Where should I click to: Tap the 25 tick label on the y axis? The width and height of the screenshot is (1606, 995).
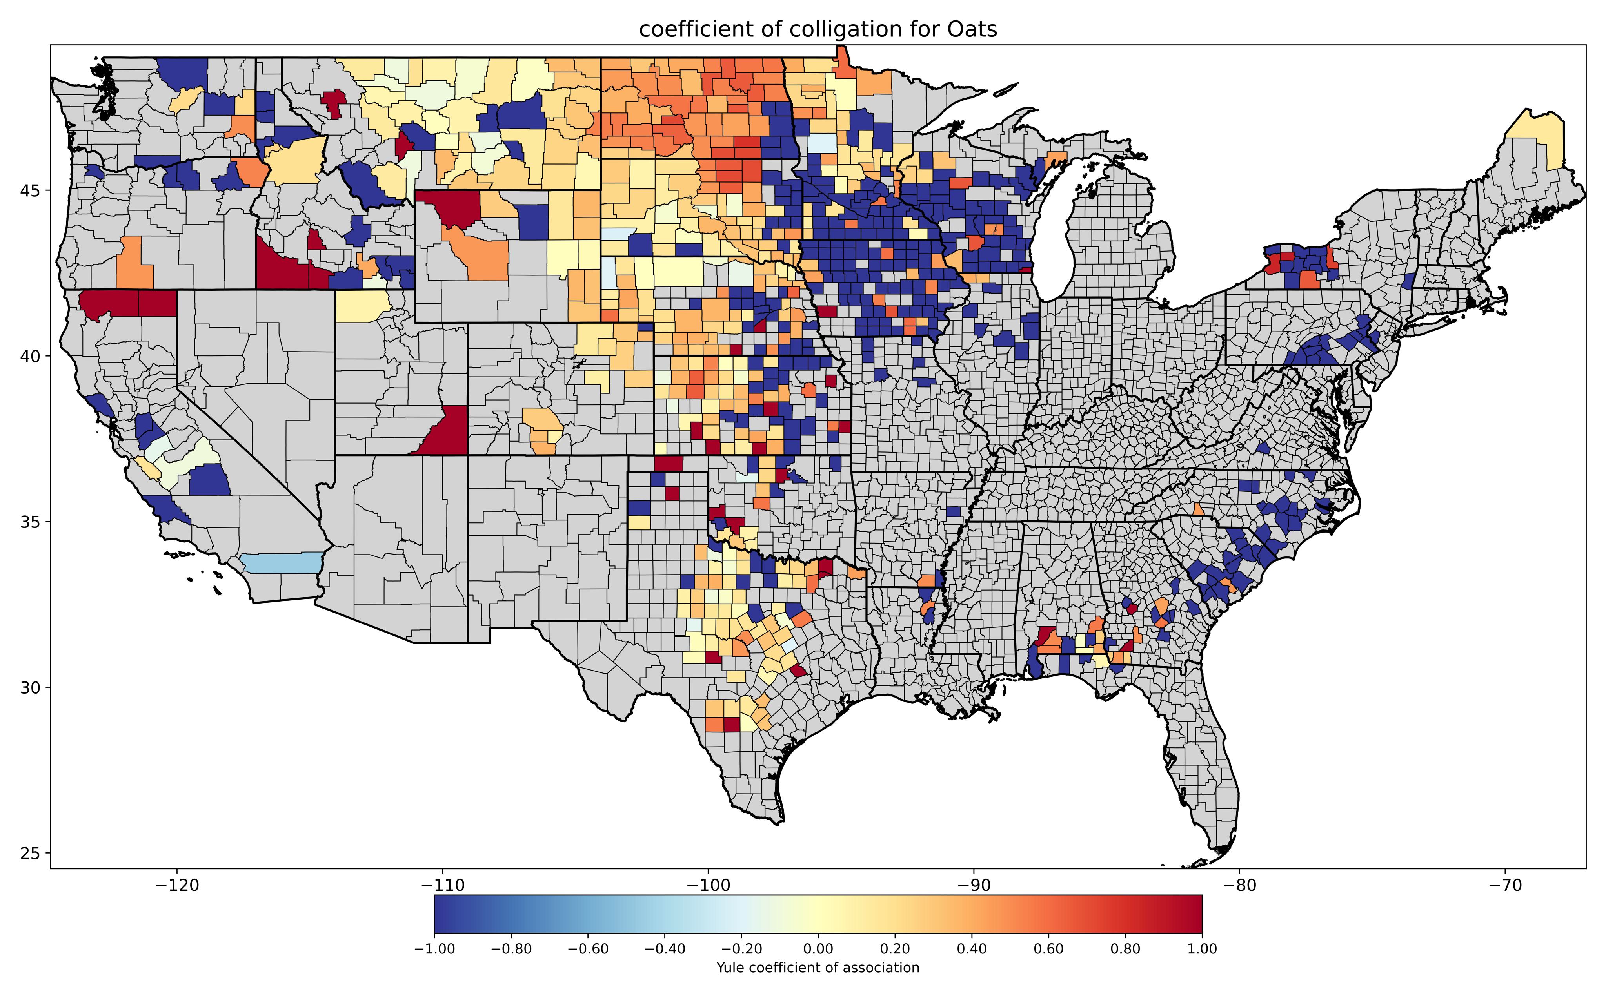30,854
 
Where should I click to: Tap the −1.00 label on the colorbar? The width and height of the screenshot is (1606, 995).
434,949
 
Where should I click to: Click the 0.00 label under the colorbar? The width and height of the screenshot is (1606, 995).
818,949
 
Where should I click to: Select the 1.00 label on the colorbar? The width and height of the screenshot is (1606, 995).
1202,949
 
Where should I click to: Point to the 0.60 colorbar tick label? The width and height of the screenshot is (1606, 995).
1048,949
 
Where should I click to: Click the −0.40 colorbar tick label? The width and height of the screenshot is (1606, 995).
665,949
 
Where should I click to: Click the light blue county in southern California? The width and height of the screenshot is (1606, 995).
280,563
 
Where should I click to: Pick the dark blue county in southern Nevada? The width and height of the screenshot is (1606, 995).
209,480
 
